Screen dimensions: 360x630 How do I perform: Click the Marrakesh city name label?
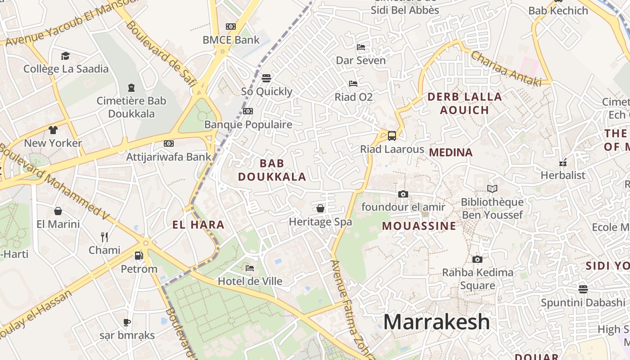(436, 322)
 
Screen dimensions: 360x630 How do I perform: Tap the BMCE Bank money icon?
(231, 27)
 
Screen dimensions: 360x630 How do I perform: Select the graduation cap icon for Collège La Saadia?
(66, 56)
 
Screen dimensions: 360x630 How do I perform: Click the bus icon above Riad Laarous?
(392, 135)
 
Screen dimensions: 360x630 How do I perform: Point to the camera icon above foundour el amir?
(403, 194)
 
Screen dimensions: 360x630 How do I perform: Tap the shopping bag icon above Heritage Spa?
(320, 208)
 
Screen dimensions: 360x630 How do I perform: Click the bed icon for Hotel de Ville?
(250, 268)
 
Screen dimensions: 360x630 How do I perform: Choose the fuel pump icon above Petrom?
(139, 256)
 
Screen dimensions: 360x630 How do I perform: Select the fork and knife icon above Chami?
(104, 237)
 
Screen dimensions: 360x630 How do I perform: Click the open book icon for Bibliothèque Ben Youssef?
(492, 189)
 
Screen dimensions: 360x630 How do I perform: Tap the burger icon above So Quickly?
(266, 78)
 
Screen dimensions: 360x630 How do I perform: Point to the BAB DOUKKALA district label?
(272, 170)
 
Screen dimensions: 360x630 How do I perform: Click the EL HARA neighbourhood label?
(198, 225)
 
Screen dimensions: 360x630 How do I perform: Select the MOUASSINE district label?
(419, 226)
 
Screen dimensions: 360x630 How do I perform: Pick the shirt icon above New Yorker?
(53, 130)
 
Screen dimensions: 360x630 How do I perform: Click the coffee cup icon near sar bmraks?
(127, 322)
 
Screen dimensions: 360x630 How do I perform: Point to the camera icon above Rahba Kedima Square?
(477, 259)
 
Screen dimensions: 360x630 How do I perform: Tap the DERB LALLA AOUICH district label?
(464, 103)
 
